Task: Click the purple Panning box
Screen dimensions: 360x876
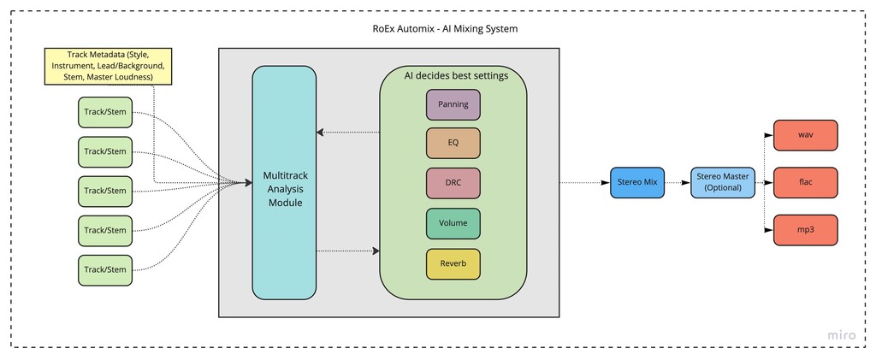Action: pyautogui.click(x=453, y=104)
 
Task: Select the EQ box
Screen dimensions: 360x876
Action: pyautogui.click(x=453, y=144)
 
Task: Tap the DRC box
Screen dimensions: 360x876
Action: pyautogui.click(x=453, y=183)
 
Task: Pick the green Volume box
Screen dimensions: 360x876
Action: pyautogui.click(x=453, y=223)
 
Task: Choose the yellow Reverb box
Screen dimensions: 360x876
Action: pyautogui.click(x=453, y=263)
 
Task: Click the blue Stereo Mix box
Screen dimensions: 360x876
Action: pyautogui.click(x=636, y=182)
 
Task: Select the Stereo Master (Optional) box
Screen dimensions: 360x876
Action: pyautogui.click(x=723, y=182)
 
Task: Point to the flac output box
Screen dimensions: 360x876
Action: pyautogui.click(x=805, y=183)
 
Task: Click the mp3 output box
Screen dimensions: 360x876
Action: pyautogui.click(x=805, y=231)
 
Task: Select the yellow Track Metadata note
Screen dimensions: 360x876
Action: pyautogui.click(x=108, y=66)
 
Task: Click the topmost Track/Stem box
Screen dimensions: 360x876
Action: pyautogui.click(x=105, y=112)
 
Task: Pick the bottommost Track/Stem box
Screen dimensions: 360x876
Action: pyautogui.click(x=105, y=269)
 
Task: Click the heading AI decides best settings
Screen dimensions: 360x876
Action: pyautogui.click(x=456, y=75)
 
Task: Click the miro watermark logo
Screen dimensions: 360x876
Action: pyautogui.click(x=842, y=335)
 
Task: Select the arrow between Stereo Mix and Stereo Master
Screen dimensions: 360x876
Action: pyautogui.click(x=677, y=182)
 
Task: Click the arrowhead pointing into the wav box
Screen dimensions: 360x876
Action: pyautogui.click(x=769, y=135)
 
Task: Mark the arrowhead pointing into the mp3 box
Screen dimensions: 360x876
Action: pyautogui.click(x=769, y=231)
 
